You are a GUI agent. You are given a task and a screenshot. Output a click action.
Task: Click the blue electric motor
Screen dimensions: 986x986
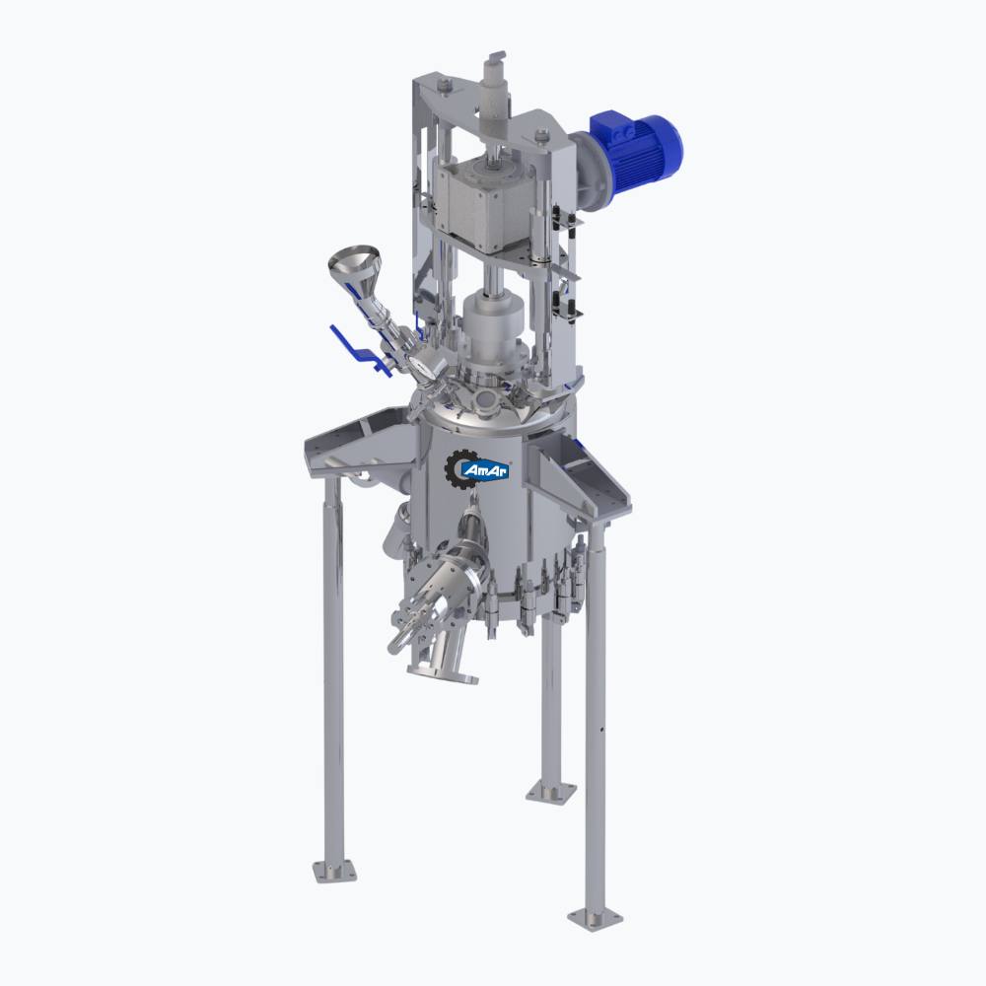(x=635, y=147)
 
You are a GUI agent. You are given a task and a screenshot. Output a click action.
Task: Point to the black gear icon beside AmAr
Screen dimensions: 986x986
(x=458, y=468)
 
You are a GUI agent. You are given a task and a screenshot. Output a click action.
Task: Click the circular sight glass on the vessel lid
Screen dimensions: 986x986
(x=485, y=398)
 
